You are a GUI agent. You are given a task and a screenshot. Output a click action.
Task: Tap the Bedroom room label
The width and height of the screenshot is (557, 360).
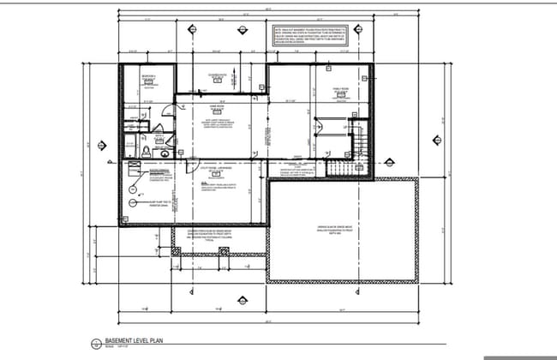(x=150, y=77)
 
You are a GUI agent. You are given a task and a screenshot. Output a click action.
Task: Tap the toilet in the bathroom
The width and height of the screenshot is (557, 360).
(x=147, y=151)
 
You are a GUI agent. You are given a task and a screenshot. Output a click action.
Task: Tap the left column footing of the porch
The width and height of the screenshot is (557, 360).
(x=177, y=253)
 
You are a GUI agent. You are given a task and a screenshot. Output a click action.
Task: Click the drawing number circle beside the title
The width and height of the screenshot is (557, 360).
(x=95, y=342)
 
